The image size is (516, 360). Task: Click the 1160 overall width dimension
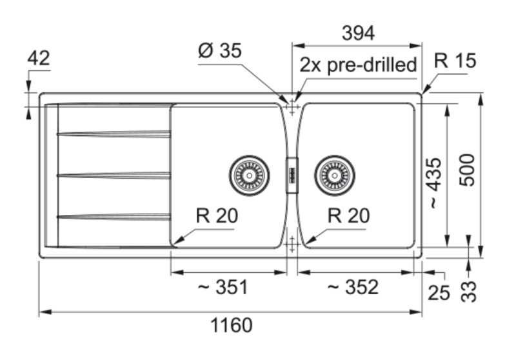pyautogui.click(x=232, y=326)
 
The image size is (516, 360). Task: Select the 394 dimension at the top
pyautogui.click(x=357, y=34)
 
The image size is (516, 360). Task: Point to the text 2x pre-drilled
pyautogui.click(x=358, y=65)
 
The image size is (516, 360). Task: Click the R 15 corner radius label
pyautogui.click(x=455, y=61)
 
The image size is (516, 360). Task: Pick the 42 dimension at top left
pyautogui.click(x=39, y=58)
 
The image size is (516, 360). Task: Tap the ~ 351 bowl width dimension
pyautogui.click(x=223, y=287)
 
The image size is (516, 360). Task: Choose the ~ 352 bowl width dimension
pyautogui.click(x=353, y=287)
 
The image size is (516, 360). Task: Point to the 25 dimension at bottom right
pyautogui.click(x=439, y=292)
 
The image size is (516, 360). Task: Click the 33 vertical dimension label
pyautogui.click(x=470, y=292)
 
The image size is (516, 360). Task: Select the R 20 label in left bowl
pyautogui.click(x=217, y=216)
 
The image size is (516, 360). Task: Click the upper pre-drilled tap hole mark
pyautogui.click(x=292, y=108)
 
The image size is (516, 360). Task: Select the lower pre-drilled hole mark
pyautogui.click(x=292, y=243)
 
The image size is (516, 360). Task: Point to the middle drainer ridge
pyautogui.click(x=114, y=175)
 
